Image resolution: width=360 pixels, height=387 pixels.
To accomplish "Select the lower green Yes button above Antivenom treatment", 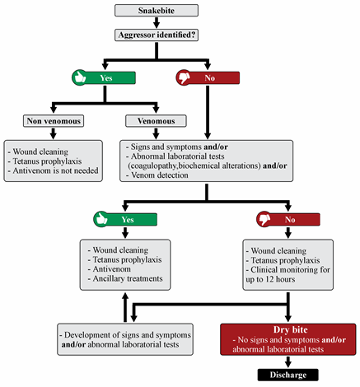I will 126,220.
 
